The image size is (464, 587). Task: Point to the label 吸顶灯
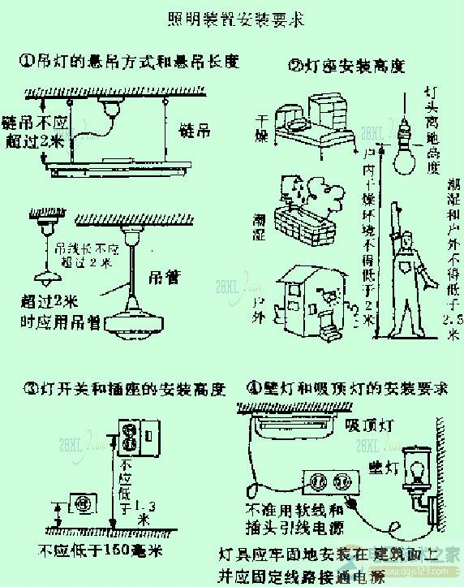364,424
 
